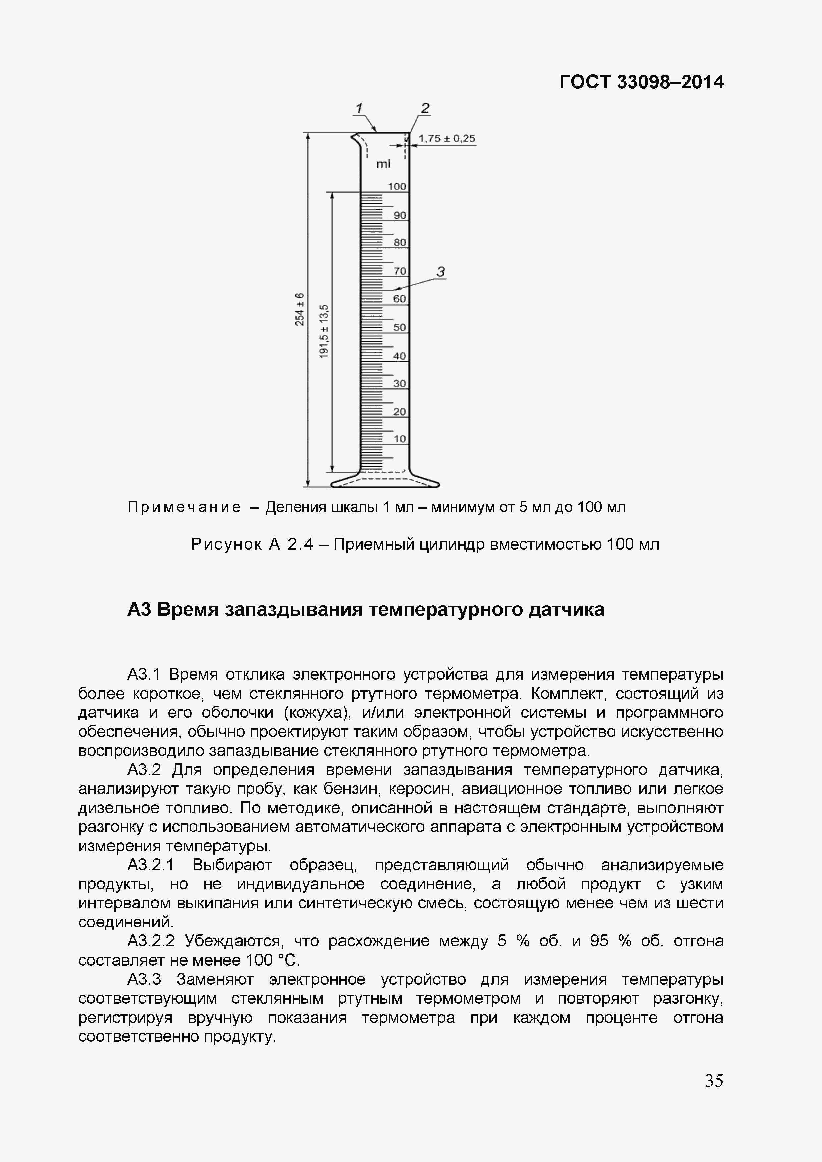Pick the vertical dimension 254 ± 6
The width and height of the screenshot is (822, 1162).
300,309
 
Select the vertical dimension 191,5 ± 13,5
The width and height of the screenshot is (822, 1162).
324,332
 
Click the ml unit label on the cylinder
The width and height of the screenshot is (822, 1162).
384,164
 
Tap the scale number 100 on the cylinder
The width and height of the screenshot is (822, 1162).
397,187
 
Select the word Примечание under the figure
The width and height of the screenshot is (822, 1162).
184,507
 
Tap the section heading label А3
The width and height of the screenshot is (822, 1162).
139,610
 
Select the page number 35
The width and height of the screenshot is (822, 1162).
714,1081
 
